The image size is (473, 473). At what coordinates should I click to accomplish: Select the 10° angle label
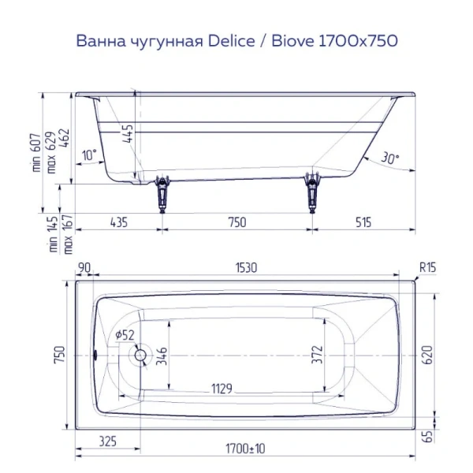(89, 155)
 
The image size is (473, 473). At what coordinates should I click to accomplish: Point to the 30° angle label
(389, 158)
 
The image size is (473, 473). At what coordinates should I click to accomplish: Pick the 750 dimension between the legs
(236, 222)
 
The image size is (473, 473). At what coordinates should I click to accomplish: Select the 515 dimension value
(362, 222)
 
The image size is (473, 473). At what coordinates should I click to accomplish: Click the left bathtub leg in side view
(163, 192)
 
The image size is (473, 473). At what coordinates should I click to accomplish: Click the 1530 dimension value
(247, 268)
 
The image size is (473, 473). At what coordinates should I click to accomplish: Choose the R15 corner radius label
(426, 268)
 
